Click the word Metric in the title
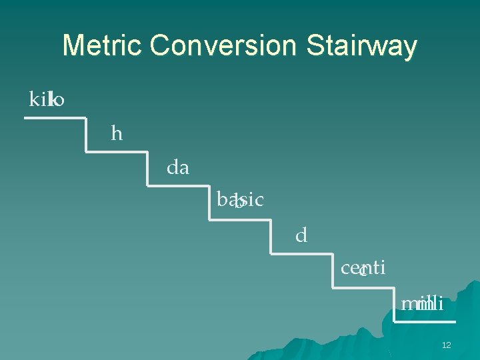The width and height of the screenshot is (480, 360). [x=103, y=46]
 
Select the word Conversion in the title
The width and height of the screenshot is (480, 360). [x=223, y=46]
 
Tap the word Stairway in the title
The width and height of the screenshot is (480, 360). [x=361, y=46]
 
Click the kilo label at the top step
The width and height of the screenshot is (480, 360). [x=47, y=100]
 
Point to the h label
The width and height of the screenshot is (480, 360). [x=117, y=134]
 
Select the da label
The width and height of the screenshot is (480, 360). [x=178, y=168]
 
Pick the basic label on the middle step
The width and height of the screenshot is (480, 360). [x=240, y=199]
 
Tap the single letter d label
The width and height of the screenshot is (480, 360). [x=301, y=235]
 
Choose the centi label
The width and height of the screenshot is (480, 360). [x=363, y=268]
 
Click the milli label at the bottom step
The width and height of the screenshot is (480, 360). [x=422, y=304]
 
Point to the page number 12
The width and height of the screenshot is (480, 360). [x=447, y=345]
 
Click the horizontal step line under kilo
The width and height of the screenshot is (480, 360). [x=55, y=118]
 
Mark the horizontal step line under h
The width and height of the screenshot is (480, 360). [x=117, y=152]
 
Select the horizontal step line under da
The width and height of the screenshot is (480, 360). [x=178, y=186]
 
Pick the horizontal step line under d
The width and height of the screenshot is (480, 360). [x=301, y=254]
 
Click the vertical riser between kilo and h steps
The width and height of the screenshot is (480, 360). [x=86, y=135]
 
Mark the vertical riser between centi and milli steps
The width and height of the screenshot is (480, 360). [x=393, y=305]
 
